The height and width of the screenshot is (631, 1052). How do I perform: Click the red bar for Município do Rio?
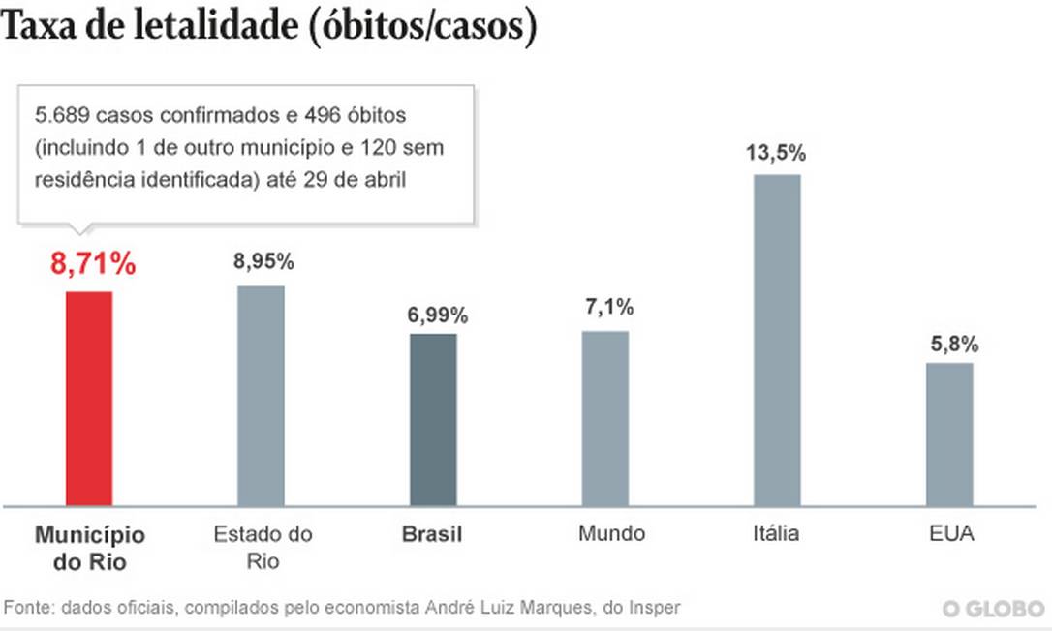89,398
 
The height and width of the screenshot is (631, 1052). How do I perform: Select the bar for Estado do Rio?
261,395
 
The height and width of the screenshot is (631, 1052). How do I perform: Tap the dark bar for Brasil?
433,419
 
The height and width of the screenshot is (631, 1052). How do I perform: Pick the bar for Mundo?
605,417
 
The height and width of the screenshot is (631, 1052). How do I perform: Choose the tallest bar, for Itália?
778,340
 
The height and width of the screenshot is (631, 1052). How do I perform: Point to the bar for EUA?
949,434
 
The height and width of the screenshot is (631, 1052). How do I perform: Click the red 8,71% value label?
93,262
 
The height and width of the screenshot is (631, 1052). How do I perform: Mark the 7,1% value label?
606,309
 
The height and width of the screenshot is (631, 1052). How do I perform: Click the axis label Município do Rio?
89,547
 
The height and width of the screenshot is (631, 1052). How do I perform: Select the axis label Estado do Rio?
263,547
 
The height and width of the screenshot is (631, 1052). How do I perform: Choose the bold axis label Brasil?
432,534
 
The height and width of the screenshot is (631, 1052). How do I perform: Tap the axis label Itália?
776,534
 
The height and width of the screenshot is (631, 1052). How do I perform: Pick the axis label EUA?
949,534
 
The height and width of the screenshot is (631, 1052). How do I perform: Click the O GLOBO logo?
994,609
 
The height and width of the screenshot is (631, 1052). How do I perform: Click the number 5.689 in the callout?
61,115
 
